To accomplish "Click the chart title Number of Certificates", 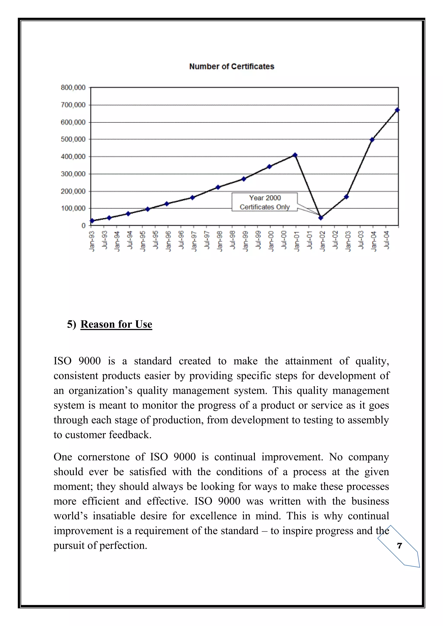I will pyautogui.click(x=232, y=67).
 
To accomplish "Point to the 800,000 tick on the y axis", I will pyautogui.click(x=73, y=88).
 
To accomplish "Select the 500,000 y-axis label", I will pyautogui.click(x=73, y=139).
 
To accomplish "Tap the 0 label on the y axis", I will pyautogui.click(x=83, y=225).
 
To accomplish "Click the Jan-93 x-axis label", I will pyautogui.click(x=92, y=241).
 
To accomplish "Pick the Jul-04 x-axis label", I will pyautogui.click(x=386, y=240).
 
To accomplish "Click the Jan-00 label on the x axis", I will pyautogui.click(x=271, y=241).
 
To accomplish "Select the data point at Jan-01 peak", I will pyautogui.click(x=295, y=155).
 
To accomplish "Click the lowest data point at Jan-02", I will pyautogui.click(x=321, y=218).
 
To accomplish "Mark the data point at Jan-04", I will pyautogui.click(x=372, y=140).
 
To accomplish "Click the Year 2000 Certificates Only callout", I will pyautogui.click(x=264, y=202).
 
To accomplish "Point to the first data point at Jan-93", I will pyautogui.click(x=92, y=220).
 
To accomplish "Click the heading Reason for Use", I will pyautogui.click(x=116, y=324).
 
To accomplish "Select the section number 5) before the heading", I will pyautogui.click(x=71, y=324).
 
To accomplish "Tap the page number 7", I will pyautogui.click(x=400, y=546).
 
